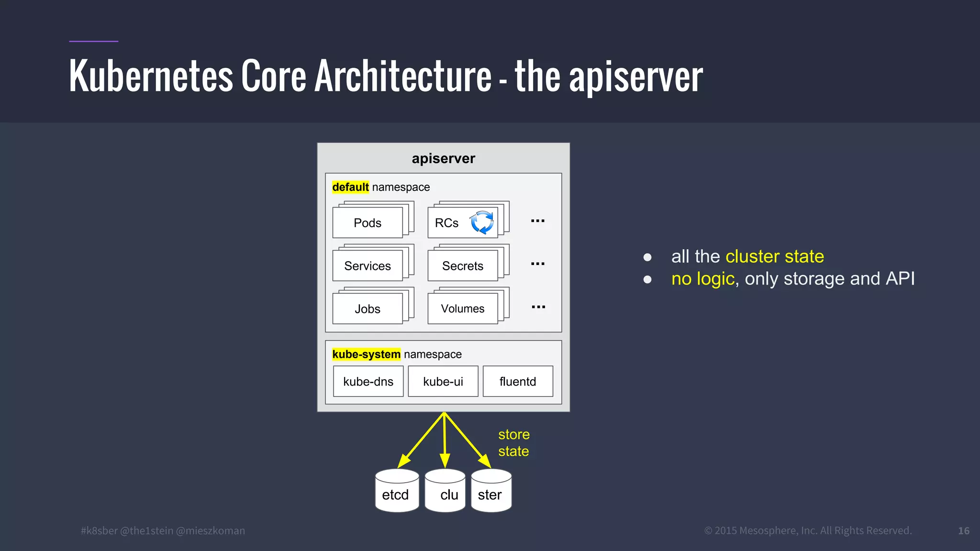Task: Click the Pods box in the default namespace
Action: click(x=367, y=223)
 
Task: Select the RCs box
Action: click(x=446, y=223)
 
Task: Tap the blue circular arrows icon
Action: click(x=482, y=222)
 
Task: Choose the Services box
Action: click(x=367, y=266)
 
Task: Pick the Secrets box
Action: click(x=463, y=266)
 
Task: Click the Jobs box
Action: click(x=367, y=309)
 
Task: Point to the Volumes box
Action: click(x=463, y=309)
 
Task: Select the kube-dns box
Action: click(x=368, y=382)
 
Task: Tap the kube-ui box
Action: click(x=443, y=382)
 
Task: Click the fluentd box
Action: click(x=518, y=382)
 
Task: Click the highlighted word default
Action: click(x=350, y=187)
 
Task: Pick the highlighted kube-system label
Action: click(x=366, y=354)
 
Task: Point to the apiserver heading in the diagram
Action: click(x=444, y=158)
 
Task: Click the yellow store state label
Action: click(x=514, y=443)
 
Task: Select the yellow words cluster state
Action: click(x=775, y=256)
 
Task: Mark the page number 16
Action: click(x=964, y=531)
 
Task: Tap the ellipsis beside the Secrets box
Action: click(x=538, y=264)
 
